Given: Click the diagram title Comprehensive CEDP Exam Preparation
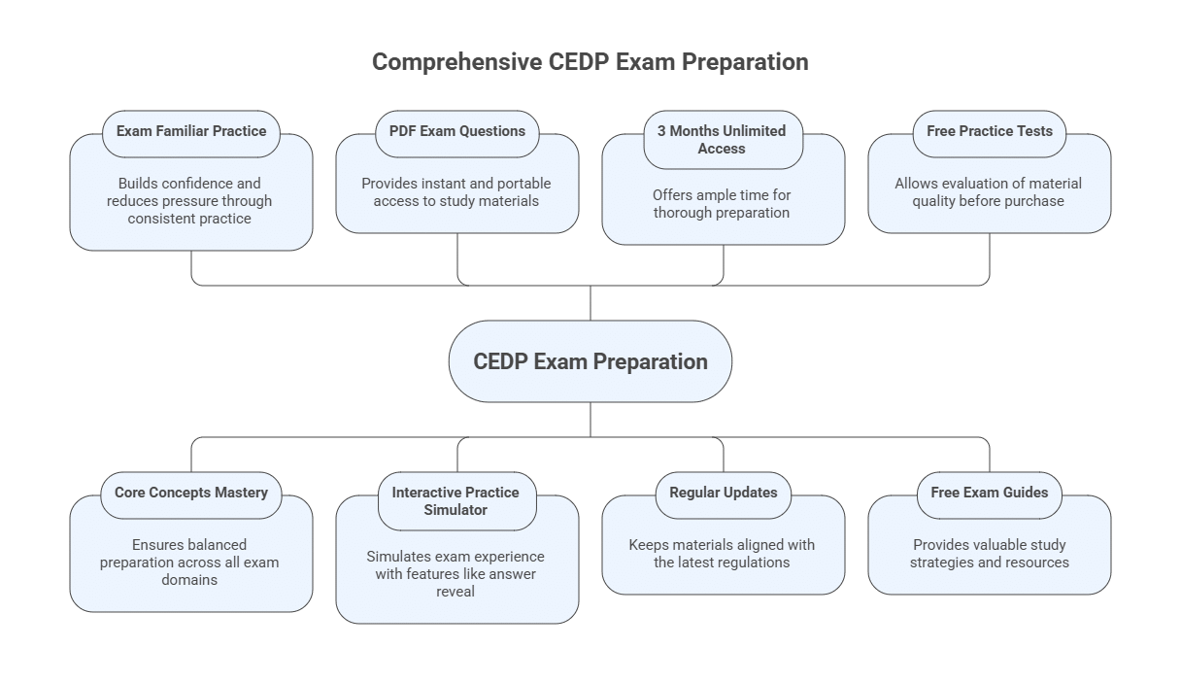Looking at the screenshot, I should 590,62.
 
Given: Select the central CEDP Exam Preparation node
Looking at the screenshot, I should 590,361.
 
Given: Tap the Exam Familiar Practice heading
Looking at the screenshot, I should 191,131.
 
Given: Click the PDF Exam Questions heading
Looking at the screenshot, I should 456,131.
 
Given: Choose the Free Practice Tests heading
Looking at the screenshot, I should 989,131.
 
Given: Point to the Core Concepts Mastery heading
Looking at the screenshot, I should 191,493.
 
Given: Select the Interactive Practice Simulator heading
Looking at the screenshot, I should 456,501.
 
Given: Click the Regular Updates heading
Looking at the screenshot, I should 723,493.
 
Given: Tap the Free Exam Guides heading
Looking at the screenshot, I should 989,493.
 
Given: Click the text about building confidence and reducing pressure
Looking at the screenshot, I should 191,201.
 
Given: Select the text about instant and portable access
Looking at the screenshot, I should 456,192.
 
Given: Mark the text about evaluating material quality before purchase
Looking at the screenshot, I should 989,192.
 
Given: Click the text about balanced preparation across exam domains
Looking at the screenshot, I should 191,563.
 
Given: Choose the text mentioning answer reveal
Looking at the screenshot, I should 456,574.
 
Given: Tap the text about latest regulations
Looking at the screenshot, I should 722,554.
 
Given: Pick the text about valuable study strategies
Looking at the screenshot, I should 989,554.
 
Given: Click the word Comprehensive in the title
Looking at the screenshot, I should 456,62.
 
